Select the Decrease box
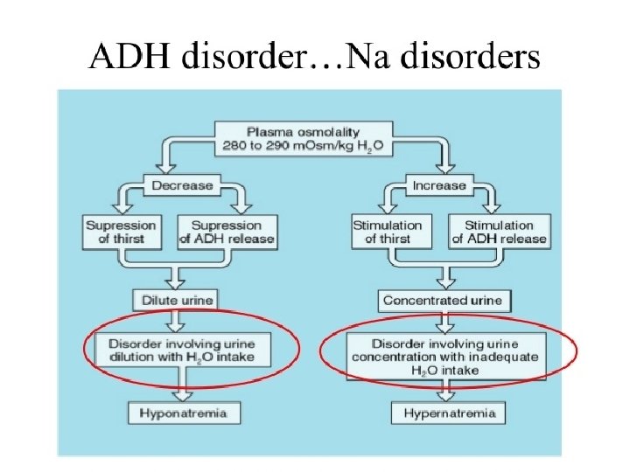(183, 185)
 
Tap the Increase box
(439, 185)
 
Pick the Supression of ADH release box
(227, 232)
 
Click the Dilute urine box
(178, 301)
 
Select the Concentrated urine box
(443, 301)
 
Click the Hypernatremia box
(450, 412)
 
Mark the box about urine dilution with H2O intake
(187, 351)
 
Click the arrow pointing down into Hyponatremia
(181, 384)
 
